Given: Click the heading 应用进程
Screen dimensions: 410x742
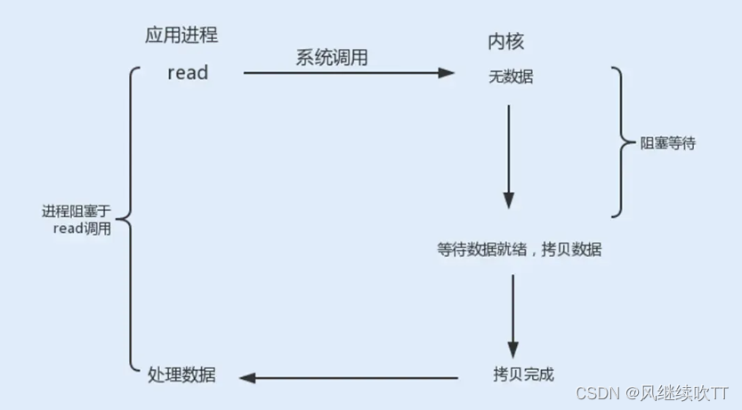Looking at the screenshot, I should point(181,36).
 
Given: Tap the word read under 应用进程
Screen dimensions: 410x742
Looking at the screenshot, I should point(188,73).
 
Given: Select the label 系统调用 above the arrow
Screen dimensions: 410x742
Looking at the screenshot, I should point(332,57).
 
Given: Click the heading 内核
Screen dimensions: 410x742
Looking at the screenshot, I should point(504,41).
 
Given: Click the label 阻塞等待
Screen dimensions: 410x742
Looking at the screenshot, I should point(668,142).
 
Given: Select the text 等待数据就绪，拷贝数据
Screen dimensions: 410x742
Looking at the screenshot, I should point(520,250).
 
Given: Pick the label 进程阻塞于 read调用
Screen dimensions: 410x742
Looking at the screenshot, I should point(77,220).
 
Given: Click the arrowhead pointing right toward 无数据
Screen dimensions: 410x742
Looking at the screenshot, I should point(448,73).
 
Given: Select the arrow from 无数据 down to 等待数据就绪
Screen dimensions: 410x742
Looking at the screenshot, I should point(509,156).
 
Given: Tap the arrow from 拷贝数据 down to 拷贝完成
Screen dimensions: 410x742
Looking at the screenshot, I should point(513,316).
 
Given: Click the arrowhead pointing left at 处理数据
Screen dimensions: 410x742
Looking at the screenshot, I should point(247,377).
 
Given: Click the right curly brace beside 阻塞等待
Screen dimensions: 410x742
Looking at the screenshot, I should point(617,142).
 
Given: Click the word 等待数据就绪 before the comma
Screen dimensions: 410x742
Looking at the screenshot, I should point(480,250).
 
